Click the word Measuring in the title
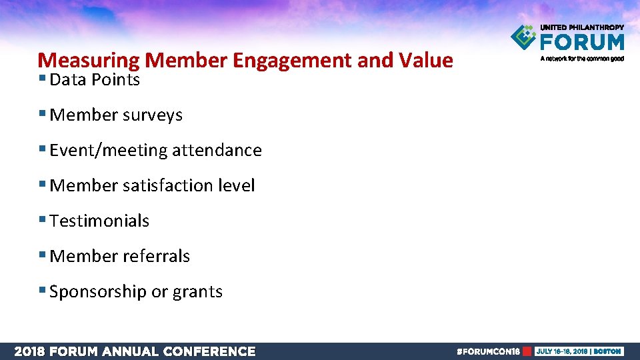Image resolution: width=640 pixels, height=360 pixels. click(x=88, y=61)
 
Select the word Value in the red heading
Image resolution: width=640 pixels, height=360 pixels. click(x=425, y=61)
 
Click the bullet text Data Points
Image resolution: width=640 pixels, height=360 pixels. click(x=95, y=80)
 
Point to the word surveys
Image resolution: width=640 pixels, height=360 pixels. click(x=153, y=115)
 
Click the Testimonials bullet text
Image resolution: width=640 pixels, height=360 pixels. click(x=99, y=221)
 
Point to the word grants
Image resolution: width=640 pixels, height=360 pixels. click(x=197, y=292)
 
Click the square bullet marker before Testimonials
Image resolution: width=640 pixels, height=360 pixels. click(x=43, y=220)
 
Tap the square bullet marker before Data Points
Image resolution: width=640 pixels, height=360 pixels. click(x=43, y=79)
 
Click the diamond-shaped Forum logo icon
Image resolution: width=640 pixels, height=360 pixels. click(x=524, y=37)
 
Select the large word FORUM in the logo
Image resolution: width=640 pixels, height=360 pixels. click(x=582, y=42)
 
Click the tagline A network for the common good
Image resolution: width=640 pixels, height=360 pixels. click(x=582, y=59)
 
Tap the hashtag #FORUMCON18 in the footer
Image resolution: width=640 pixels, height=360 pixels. click(x=487, y=351)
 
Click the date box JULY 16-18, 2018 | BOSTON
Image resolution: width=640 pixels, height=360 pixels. click(x=578, y=351)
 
